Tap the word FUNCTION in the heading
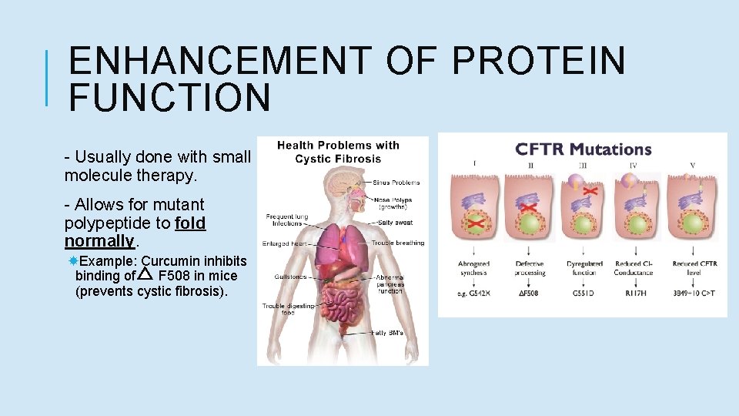coord(169,98)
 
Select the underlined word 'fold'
coord(190,223)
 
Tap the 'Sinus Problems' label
coord(396,183)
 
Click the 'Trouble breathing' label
coord(398,243)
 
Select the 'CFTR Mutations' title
coord(583,149)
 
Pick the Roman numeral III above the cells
coord(584,163)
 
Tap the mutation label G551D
coord(583,294)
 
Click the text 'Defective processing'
coord(530,268)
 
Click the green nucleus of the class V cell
coord(692,223)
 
